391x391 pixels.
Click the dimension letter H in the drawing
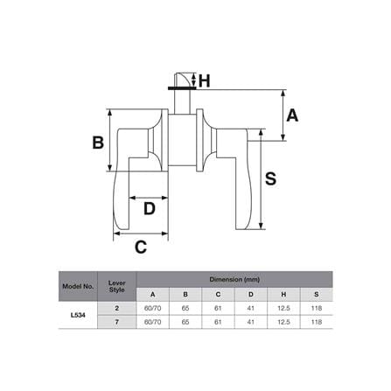point(204,80)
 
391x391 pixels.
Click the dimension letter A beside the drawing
point(292,115)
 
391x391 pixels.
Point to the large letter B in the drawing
point(98,143)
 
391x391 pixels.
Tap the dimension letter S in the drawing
point(270,178)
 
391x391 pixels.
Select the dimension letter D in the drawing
point(150,208)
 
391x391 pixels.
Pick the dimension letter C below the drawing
point(141,248)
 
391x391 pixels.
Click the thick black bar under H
point(182,87)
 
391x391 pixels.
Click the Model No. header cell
point(78,286)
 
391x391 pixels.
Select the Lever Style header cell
point(117,286)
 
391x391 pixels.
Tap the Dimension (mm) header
point(234,279)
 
